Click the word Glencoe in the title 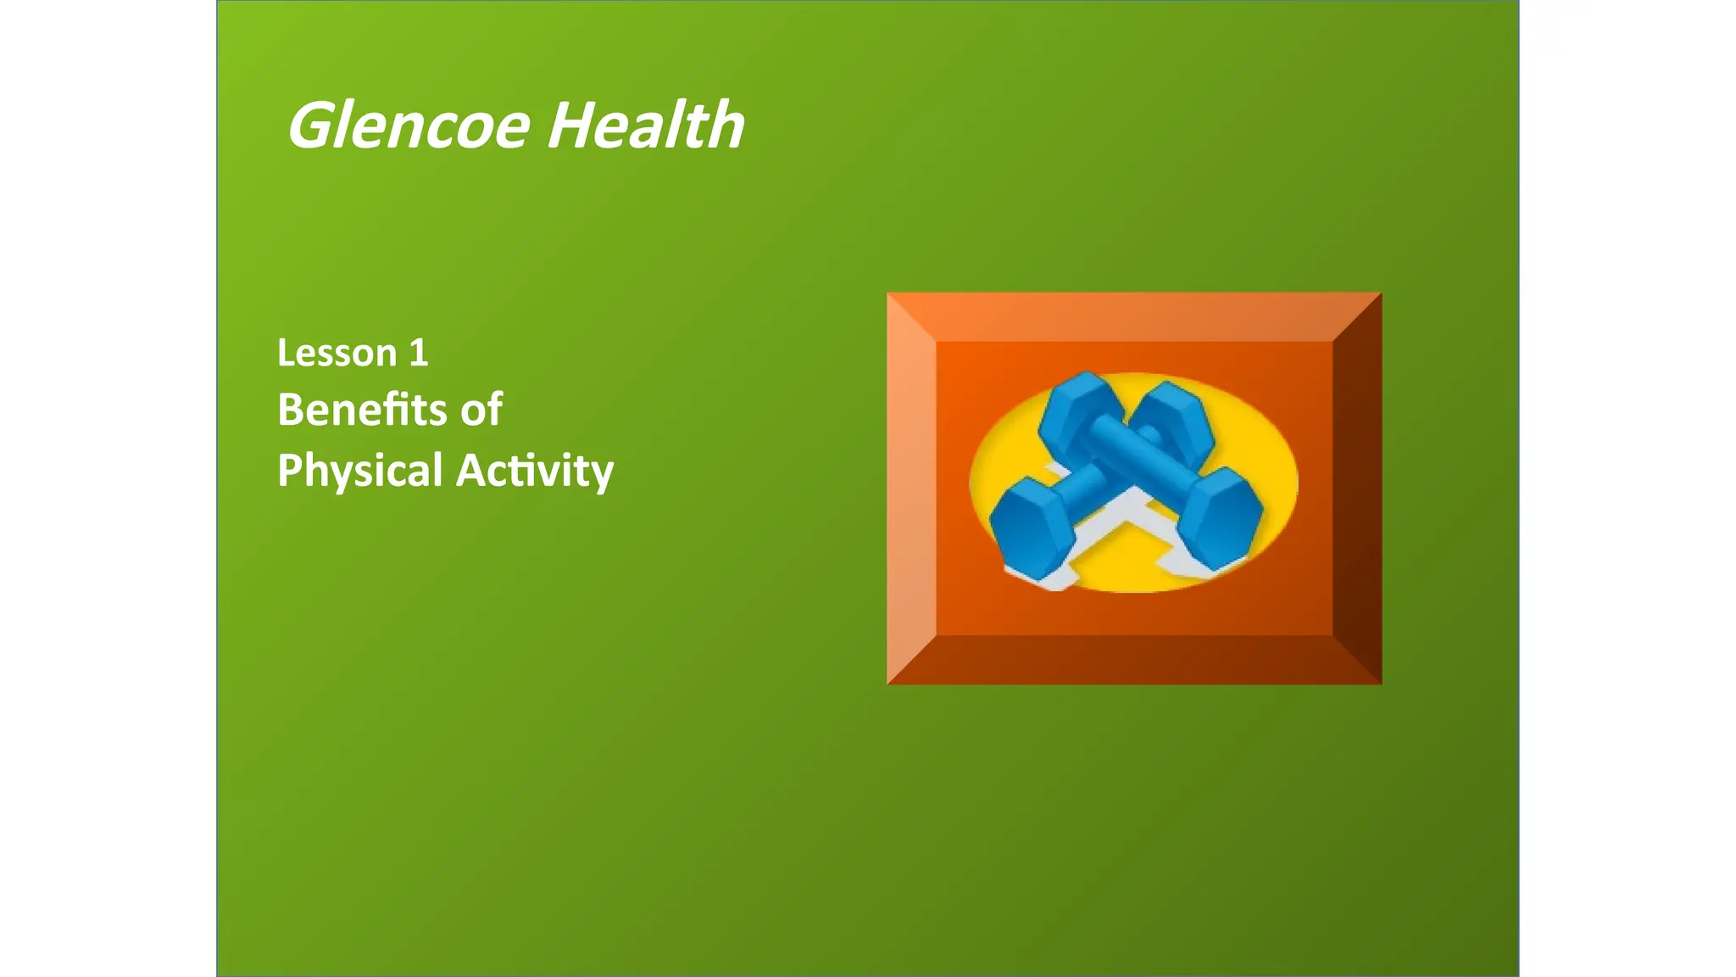pos(409,126)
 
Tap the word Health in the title pos(645,126)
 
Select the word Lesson pos(337,353)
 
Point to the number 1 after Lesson pos(418,353)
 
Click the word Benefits pos(362,410)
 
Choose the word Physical pos(360,471)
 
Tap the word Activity pos(534,471)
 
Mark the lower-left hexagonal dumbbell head pos(1030,526)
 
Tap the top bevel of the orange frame pos(1134,316)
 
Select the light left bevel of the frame pos(910,488)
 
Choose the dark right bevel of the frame pos(1358,488)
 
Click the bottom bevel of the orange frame pos(1134,661)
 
